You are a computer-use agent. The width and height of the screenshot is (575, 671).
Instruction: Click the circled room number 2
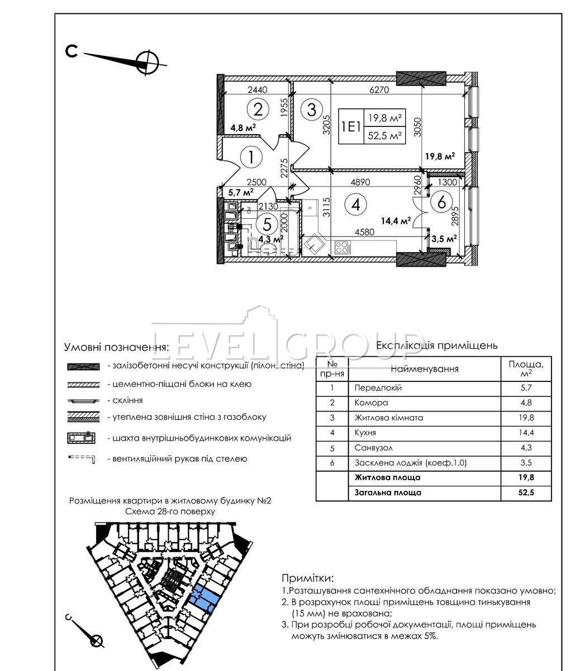pos(258,108)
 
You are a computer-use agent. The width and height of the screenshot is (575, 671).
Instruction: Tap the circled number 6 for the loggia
pos(441,202)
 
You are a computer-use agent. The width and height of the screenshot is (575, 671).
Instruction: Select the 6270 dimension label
pos(379,89)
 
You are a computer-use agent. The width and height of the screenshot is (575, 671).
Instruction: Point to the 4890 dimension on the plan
pos(360,182)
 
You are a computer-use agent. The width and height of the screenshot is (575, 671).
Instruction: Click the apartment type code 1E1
pos(350,126)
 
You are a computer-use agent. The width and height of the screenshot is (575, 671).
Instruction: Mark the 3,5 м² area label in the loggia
pos(445,238)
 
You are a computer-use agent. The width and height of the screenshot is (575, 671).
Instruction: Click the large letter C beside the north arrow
pos(72,51)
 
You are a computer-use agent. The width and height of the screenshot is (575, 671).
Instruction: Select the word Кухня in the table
pos(365,432)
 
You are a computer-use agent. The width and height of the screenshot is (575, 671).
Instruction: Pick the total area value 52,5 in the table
pos(526,493)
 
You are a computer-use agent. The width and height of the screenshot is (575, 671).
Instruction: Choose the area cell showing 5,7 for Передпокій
pos(526,388)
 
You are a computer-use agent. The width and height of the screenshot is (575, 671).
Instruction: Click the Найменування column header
pos(424,369)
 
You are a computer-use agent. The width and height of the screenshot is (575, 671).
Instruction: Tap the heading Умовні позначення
pos(116,347)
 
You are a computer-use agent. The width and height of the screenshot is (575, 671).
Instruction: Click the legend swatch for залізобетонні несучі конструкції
pos(83,366)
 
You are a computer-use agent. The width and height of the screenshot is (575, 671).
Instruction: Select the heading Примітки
pos(309,578)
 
